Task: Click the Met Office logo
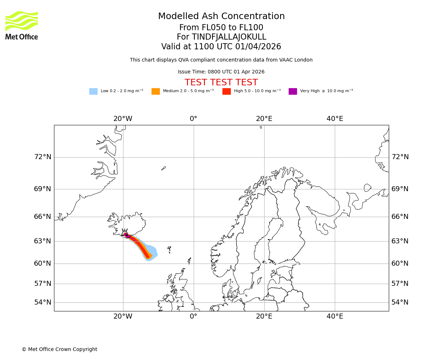(x=22, y=25)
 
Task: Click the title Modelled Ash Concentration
(x=221, y=17)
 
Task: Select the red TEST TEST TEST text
(x=221, y=82)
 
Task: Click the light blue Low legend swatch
(x=93, y=91)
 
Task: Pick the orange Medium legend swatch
(x=156, y=91)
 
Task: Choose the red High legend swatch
(x=226, y=91)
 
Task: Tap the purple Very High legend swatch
(x=293, y=91)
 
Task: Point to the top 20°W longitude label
(x=123, y=119)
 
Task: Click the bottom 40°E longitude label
(x=335, y=316)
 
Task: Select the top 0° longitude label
(x=194, y=119)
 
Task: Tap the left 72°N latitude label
(x=42, y=157)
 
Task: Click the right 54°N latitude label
(x=400, y=302)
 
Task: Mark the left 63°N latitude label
(x=42, y=241)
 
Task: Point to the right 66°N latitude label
(x=400, y=217)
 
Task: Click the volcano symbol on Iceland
(x=125, y=233)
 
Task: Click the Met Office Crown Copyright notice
(x=59, y=349)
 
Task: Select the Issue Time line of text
(x=221, y=72)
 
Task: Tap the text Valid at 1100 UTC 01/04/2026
(x=221, y=47)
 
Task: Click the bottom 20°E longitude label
(x=264, y=316)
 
